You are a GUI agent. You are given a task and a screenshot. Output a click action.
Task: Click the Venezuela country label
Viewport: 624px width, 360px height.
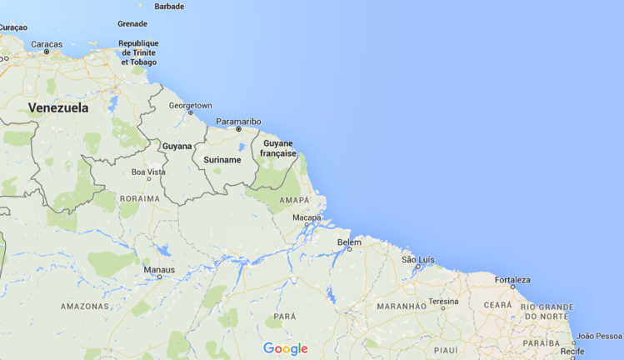click(x=58, y=107)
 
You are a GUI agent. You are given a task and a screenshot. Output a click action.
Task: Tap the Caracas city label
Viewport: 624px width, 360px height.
click(x=47, y=43)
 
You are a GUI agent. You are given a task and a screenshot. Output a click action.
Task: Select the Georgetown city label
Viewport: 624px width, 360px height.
click(x=190, y=106)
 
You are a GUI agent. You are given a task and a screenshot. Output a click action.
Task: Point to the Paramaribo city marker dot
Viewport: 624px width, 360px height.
click(x=239, y=130)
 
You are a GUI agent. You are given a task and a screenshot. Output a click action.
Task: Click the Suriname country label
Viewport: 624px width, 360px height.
click(x=222, y=159)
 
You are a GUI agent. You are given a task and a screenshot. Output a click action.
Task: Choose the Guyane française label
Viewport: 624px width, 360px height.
click(x=279, y=148)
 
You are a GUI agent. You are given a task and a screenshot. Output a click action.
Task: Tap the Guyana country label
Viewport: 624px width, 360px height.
click(x=177, y=146)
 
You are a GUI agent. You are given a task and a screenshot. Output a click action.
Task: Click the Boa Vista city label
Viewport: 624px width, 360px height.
click(x=149, y=172)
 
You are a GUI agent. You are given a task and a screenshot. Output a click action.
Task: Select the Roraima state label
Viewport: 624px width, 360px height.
click(x=139, y=198)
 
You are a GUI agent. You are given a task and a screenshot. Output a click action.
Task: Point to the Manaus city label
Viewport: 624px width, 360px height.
click(x=159, y=269)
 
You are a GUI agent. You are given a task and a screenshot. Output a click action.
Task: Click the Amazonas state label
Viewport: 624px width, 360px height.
click(x=85, y=306)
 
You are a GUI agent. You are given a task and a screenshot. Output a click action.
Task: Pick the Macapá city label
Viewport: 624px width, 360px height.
click(x=306, y=217)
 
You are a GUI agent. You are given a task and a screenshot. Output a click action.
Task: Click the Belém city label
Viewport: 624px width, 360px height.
click(x=349, y=242)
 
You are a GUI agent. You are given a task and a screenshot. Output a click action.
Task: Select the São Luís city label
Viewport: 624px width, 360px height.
click(x=418, y=260)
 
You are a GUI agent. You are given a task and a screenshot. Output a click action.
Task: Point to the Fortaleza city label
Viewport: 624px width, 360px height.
click(x=512, y=280)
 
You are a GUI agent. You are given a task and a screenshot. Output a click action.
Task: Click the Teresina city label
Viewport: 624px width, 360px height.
click(x=443, y=301)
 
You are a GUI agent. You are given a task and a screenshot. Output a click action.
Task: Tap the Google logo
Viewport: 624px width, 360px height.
click(x=285, y=348)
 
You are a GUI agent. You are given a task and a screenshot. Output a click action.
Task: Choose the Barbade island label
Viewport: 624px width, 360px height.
click(x=169, y=6)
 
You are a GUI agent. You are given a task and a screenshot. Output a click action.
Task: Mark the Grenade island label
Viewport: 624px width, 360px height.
click(x=132, y=23)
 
